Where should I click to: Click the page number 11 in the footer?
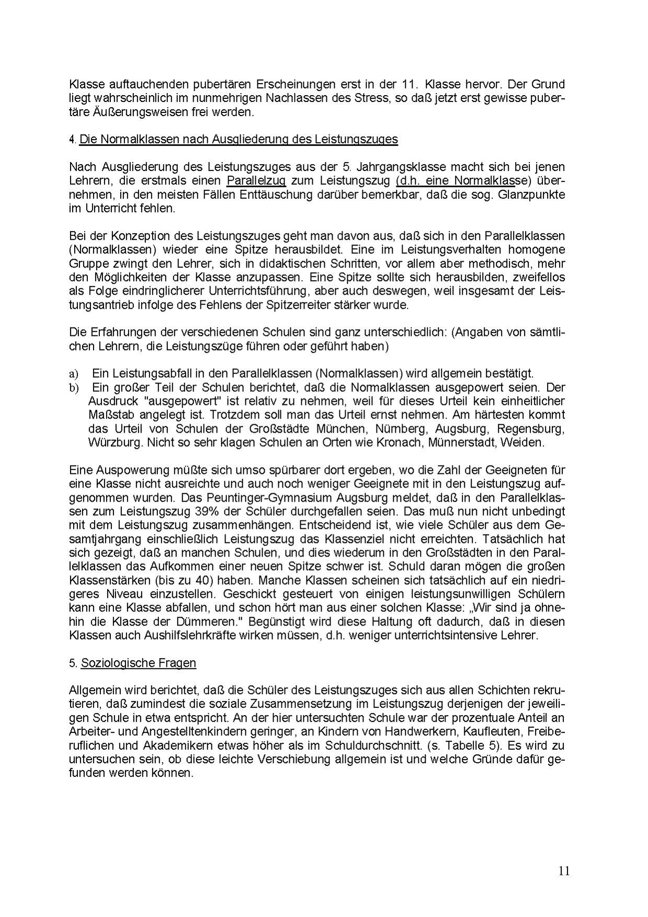[x=564, y=870]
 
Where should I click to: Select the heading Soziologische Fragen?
[x=138, y=663]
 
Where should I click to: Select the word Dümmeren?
[x=213, y=622]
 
